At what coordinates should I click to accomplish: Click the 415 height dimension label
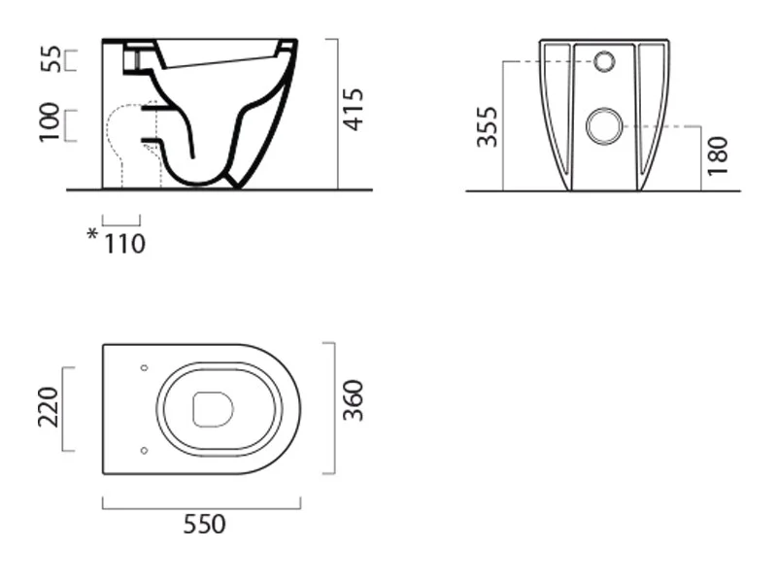[354, 110]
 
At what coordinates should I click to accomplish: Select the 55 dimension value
[51, 59]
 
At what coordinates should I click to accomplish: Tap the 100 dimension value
[50, 122]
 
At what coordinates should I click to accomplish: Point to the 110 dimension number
[125, 244]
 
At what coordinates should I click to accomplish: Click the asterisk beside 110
[92, 233]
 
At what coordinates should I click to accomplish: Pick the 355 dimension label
[488, 127]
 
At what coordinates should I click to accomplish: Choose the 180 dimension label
[718, 155]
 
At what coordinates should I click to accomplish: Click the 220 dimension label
[49, 407]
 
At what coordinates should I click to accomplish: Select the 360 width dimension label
[354, 400]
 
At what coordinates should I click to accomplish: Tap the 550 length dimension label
[205, 524]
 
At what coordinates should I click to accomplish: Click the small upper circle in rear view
[604, 62]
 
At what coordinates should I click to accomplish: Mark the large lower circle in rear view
[604, 126]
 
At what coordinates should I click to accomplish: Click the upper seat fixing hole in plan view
[144, 368]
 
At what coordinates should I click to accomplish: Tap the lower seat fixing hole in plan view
[144, 451]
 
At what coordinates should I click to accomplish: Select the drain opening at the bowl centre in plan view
[213, 409]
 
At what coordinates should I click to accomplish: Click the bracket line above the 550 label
[202, 508]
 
